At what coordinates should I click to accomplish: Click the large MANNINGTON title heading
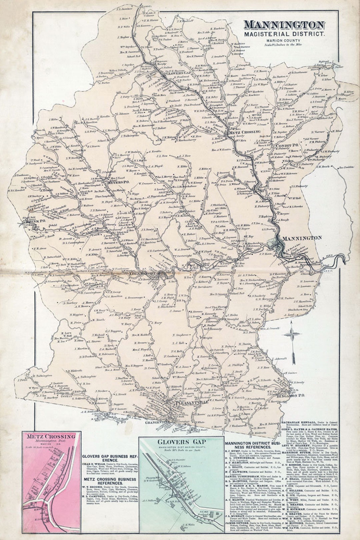[x=284, y=25]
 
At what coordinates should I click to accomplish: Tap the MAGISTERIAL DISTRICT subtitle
[x=284, y=34]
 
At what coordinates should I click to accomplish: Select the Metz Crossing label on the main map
[x=245, y=132]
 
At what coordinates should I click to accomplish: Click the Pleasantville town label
[x=192, y=403]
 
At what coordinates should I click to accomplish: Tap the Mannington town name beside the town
[x=302, y=238]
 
